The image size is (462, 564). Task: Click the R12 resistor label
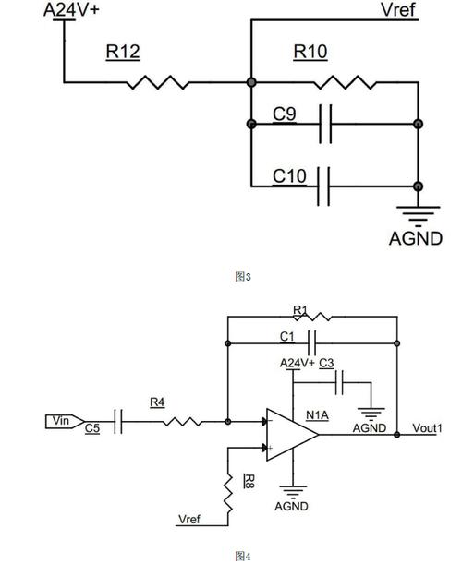click(123, 52)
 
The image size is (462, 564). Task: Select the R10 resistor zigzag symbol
click(345, 82)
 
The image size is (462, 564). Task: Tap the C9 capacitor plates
click(325, 124)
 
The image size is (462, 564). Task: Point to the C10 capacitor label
click(289, 176)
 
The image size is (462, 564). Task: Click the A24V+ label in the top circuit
click(71, 10)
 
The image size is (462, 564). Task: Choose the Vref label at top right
click(398, 9)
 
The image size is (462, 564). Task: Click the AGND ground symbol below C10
click(418, 216)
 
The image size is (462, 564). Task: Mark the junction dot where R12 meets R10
click(251, 82)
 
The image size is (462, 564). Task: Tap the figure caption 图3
click(243, 277)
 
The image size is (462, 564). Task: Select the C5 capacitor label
click(92, 428)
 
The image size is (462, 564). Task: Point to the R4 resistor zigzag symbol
click(182, 422)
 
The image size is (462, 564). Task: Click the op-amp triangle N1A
click(292, 435)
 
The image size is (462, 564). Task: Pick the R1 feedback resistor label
click(300, 310)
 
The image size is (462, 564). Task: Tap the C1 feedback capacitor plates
click(311, 343)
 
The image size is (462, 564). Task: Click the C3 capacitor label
click(326, 364)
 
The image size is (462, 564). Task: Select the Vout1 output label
click(427, 428)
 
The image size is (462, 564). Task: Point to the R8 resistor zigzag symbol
click(227, 492)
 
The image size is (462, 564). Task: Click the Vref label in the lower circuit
click(189, 520)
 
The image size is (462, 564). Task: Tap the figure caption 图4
click(243, 556)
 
